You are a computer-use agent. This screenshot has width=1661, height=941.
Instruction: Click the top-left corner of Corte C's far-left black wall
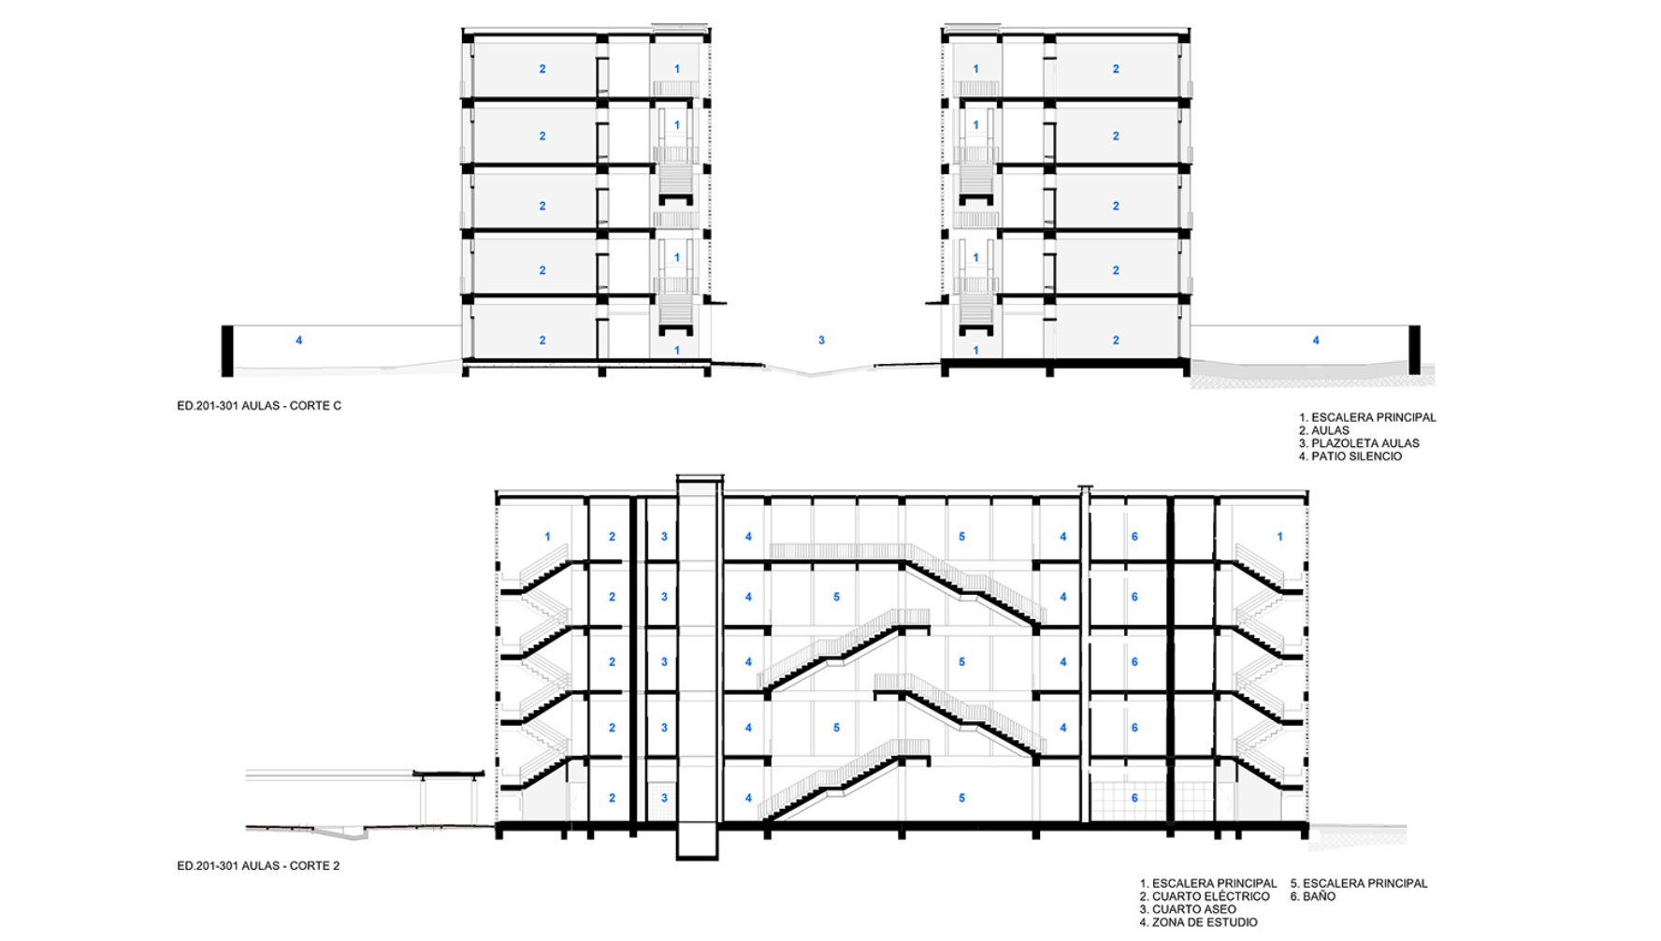click(222, 326)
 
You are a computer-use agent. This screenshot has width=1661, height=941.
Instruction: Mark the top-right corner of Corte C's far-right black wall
click(1420, 326)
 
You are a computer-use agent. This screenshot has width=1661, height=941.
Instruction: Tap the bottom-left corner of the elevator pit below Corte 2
click(677, 859)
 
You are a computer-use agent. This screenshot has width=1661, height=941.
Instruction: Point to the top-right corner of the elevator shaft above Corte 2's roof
click(723, 476)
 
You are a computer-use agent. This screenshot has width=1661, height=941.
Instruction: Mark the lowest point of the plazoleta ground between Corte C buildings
click(812, 375)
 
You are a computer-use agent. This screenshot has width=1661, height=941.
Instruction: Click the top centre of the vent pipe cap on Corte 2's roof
click(1085, 485)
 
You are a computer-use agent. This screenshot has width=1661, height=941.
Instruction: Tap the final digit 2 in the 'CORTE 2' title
click(336, 866)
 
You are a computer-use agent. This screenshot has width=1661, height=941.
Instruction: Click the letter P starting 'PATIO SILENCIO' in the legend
click(1316, 456)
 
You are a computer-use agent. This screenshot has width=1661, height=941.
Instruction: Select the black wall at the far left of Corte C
click(227, 351)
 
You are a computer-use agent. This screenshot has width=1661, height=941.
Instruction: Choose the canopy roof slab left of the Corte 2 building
click(449, 774)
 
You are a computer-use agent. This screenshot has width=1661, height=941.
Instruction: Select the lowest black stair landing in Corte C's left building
click(677, 330)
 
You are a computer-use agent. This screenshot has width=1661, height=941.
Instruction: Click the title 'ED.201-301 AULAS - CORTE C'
click(259, 406)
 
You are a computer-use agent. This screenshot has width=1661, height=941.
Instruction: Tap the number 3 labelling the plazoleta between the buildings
click(821, 340)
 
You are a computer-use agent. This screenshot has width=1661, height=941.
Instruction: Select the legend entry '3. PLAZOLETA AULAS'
click(1359, 443)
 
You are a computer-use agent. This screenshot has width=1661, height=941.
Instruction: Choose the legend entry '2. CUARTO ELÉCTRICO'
click(1205, 896)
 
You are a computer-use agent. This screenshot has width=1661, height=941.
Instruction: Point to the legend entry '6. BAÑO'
click(1313, 896)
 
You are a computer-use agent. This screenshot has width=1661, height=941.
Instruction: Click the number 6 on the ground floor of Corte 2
click(1134, 798)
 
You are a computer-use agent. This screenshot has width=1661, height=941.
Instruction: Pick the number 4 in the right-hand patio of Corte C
click(1316, 340)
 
